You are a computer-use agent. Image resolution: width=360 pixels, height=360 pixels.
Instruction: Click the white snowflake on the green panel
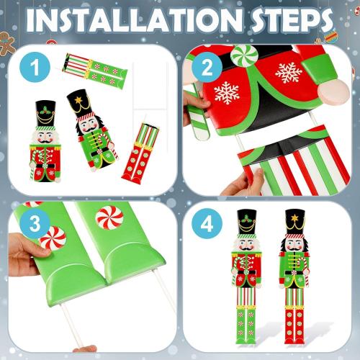[x=288, y=72]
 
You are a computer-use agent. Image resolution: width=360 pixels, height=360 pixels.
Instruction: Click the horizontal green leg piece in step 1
[x=96, y=69]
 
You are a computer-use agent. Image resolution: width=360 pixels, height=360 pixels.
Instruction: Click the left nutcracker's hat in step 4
[x=247, y=220]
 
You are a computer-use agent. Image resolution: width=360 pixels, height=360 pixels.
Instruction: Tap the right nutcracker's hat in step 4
[x=294, y=220]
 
